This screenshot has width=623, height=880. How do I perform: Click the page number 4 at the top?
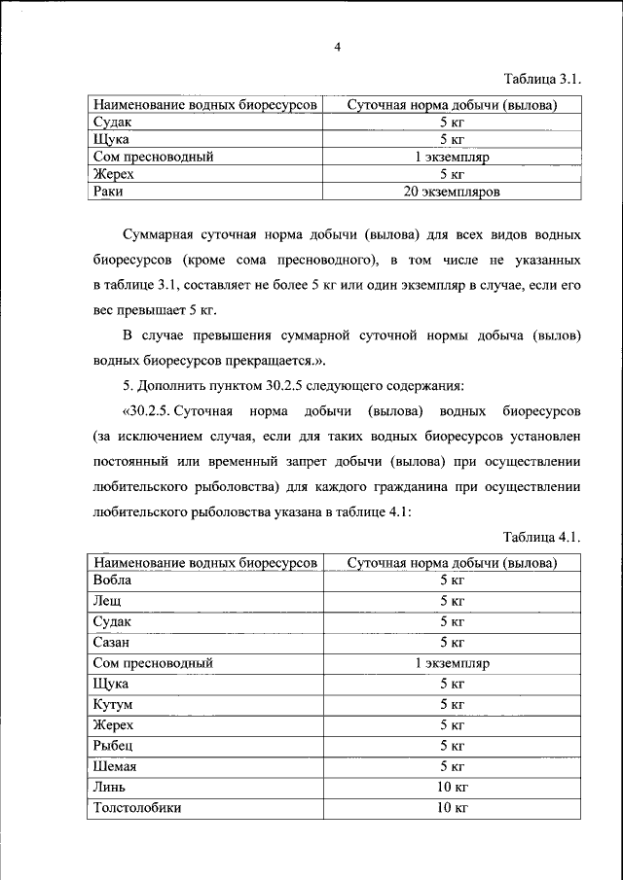click(337, 46)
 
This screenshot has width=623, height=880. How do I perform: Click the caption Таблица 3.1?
click(542, 78)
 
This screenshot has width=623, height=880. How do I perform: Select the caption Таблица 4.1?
click(542, 537)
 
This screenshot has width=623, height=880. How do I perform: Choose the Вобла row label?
click(112, 580)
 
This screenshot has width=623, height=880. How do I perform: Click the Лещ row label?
click(107, 601)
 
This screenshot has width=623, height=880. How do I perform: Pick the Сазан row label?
click(112, 642)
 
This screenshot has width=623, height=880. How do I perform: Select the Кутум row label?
click(113, 703)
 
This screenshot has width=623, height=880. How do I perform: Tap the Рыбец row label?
click(112, 745)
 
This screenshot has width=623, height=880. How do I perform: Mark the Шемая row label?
click(115, 765)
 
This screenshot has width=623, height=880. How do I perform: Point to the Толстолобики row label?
click(137, 807)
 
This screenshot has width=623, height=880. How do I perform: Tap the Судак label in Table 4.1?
click(111, 621)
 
